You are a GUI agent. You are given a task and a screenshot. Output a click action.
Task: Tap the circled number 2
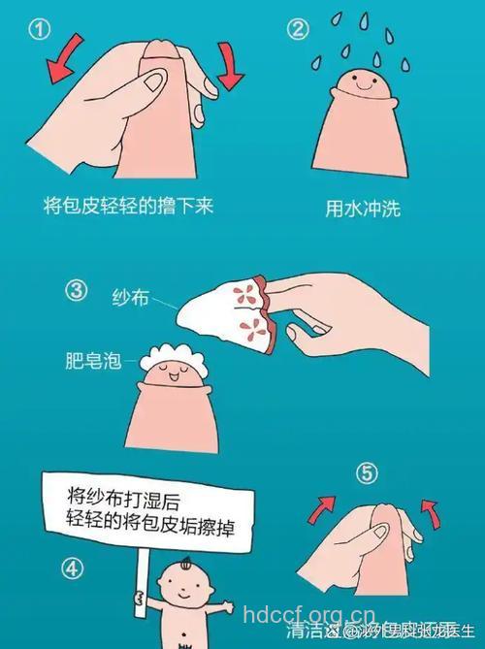point(298,29)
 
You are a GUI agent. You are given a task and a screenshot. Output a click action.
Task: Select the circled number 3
point(76,289)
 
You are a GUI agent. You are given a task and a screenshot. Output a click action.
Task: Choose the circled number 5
point(366,474)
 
